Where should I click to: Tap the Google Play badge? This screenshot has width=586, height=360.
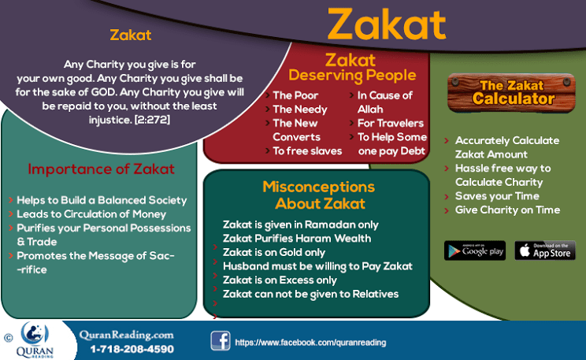pyautogui.click(x=474, y=251)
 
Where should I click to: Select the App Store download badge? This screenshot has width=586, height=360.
pyautogui.click(x=545, y=251)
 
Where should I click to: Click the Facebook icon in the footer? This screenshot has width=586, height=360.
pyautogui.click(x=220, y=340)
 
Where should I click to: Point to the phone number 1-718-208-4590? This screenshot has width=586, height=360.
pyautogui.click(x=132, y=348)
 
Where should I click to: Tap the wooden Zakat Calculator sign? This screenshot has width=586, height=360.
pyautogui.click(x=512, y=92)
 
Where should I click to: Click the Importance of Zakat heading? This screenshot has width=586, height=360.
pyautogui.click(x=101, y=169)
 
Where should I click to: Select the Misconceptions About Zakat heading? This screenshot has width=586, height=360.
pyautogui.click(x=318, y=195)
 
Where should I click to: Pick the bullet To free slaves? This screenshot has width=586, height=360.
pyautogui.click(x=306, y=150)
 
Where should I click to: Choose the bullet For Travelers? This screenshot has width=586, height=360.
pyautogui.click(x=391, y=123)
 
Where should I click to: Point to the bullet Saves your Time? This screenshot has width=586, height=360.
pyautogui.click(x=496, y=195)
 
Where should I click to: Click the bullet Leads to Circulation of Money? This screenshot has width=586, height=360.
pyautogui.click(x=91, y=213)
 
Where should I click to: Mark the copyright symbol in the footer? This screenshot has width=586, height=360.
pyautogui.click(x=8, y=337)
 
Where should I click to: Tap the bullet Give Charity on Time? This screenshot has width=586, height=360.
pyautogui.click(x=507, y=210)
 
